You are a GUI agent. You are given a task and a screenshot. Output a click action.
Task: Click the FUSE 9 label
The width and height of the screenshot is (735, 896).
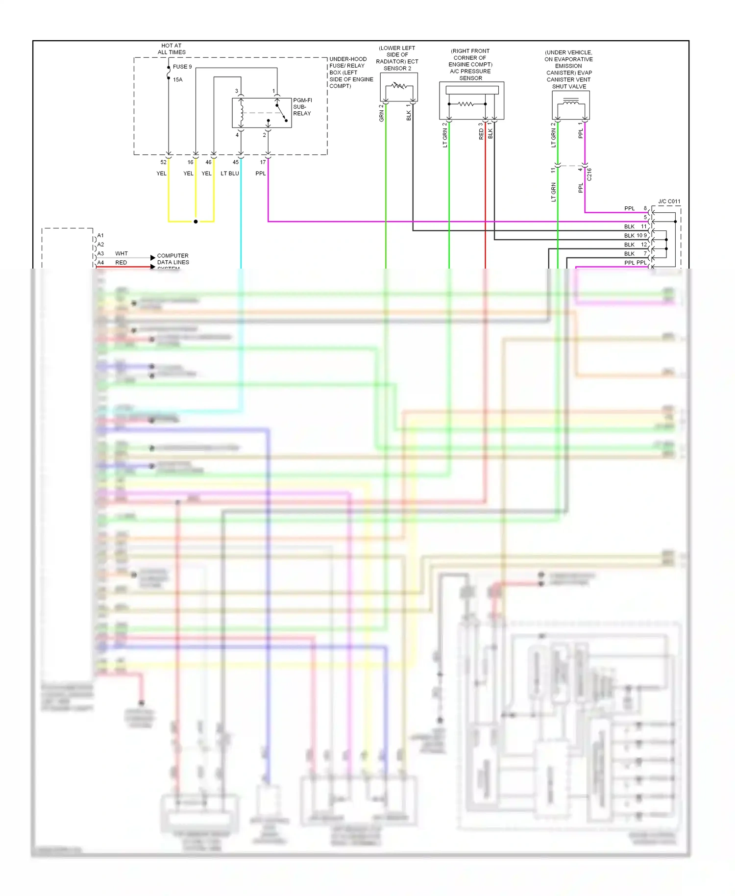click(182, 67)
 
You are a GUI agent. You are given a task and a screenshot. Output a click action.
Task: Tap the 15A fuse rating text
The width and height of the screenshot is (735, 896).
click(177, 79)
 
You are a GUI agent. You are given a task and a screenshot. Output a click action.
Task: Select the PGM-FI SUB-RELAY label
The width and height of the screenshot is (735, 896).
click(302, 107)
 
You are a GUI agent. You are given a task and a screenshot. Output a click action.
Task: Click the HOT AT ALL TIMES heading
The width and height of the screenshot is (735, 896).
click(171, 49)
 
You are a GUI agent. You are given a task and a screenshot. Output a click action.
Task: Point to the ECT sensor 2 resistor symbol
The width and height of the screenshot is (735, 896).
click(398, 87)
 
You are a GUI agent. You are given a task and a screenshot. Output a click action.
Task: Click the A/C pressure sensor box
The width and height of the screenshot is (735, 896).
click(471, 100)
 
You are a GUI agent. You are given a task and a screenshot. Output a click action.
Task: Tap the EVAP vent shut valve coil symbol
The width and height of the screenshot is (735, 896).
click(571, 101)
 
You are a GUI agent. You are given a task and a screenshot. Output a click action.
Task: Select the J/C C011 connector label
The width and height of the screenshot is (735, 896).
click(669, 201)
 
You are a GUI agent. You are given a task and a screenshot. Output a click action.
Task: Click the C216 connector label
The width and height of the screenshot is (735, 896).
click(589, 174)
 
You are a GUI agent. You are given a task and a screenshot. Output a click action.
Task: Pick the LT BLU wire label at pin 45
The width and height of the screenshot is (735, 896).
click(229, 174)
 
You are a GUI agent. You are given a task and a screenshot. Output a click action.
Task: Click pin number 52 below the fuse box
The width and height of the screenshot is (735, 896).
click(163, 162)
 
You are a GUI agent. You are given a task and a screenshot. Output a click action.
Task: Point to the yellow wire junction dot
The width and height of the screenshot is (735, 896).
click(196, 222)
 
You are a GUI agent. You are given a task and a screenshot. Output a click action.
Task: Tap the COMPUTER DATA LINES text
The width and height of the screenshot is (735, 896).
click(172, 259)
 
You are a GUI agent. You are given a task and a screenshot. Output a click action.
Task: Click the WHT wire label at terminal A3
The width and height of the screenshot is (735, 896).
click(121, 253)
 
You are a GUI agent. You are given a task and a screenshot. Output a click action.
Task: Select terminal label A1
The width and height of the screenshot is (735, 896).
click(100, 235)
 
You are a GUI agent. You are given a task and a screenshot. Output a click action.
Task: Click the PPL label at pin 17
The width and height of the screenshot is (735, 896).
click(260, 174)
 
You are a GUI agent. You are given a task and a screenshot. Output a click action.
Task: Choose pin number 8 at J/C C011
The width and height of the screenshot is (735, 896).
click(645, 208)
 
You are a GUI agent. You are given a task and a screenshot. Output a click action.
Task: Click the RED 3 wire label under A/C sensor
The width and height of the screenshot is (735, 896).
click(481, 131)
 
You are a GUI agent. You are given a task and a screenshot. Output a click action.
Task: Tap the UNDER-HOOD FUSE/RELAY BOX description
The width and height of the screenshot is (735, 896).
click(351, 73)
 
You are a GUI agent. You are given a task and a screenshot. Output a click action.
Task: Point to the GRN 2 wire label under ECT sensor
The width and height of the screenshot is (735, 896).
click(381, 113)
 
